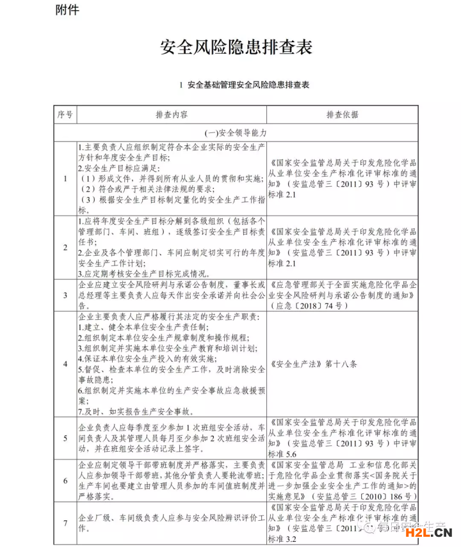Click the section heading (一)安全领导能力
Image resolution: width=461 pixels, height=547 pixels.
click(236, 133)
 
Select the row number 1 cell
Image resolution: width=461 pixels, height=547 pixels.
click(65, 178)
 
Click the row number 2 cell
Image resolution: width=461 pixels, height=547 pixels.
click(65, 247)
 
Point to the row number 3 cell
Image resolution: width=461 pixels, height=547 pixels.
click(65, 295)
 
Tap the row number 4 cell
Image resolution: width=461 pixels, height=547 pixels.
click(65, 364)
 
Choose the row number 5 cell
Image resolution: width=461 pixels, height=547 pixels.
click(65, 438)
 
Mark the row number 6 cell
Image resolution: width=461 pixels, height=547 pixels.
click(65, 480)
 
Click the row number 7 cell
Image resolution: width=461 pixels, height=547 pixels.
click(65, 523)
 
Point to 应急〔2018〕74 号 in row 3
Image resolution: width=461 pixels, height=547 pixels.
click(311, 306)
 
